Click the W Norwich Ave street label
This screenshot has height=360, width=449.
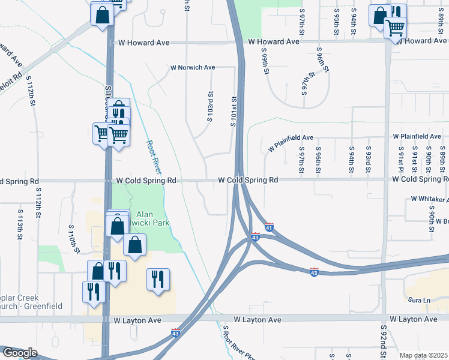pyautogui.click(x=193, y=68)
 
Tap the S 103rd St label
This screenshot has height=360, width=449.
pyautogui.click(x=211, y=106)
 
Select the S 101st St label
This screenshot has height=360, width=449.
pyautogui.click(x=234, y=112)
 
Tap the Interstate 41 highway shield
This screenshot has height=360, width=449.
pyautogui.click(x=269, y=227)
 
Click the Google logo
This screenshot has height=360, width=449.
pyautogui.click(x=19, y=353)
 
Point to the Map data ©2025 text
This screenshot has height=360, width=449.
pyautogui.click(x=423, y=355)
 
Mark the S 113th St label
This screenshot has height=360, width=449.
pyautogui.click(x=20, y=223)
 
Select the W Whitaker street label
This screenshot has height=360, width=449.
pyautogui.click(x=429, y=199)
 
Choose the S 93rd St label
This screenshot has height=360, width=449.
pyautogui.click(x=368, y=160)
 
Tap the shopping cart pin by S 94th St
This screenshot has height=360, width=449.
pyautogui.click(x=395, y=28)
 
